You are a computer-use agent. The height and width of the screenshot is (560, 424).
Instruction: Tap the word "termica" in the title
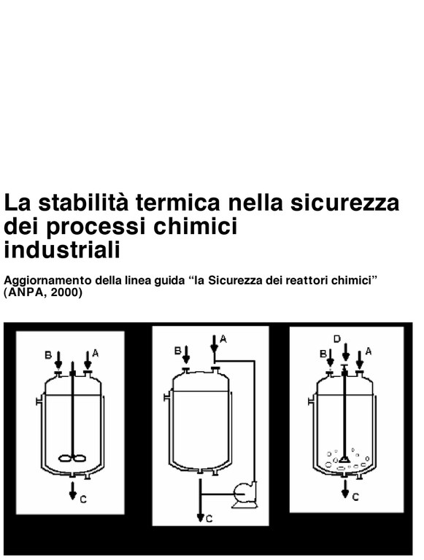[177, 203]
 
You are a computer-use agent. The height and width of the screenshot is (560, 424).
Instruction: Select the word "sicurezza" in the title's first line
[344, 203]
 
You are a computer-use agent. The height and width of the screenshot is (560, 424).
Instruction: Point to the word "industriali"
[62, 249]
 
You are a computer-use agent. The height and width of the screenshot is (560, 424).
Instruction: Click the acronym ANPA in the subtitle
[26, 292]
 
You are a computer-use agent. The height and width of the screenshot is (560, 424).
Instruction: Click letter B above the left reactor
[48, 355]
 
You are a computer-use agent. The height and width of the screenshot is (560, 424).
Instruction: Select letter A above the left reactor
[95, 353]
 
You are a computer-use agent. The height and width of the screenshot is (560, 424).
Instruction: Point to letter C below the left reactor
[83, 499]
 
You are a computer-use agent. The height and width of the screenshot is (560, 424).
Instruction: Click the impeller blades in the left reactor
[72, 457]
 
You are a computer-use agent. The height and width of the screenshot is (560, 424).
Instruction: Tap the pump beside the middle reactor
[244, 495]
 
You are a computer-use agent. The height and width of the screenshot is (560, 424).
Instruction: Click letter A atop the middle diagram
[223, 338]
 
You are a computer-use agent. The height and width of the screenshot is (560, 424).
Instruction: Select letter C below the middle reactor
[209, 518]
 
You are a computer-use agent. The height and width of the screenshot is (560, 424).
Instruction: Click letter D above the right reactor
[337, 339]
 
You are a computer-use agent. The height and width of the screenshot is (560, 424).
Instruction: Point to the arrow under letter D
[345, 352]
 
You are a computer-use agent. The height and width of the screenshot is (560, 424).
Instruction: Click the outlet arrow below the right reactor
[345, 489]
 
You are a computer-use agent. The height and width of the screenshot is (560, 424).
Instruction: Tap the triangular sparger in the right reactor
[344, 459]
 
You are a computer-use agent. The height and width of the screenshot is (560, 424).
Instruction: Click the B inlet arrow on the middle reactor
[185, 354]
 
